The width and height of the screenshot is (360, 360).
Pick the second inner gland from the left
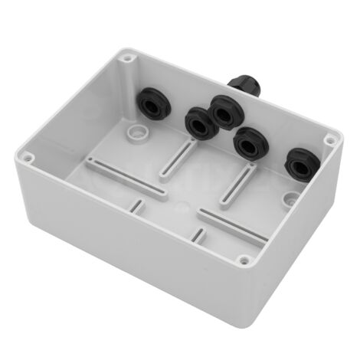[197, 121]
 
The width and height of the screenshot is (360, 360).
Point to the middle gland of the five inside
[224, 111]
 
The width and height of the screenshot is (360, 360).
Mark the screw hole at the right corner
[329, 140]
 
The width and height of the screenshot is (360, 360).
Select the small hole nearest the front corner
[244, 262]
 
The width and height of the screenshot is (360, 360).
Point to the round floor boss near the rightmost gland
[288, 198]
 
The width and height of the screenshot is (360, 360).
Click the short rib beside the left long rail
[139, 204]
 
